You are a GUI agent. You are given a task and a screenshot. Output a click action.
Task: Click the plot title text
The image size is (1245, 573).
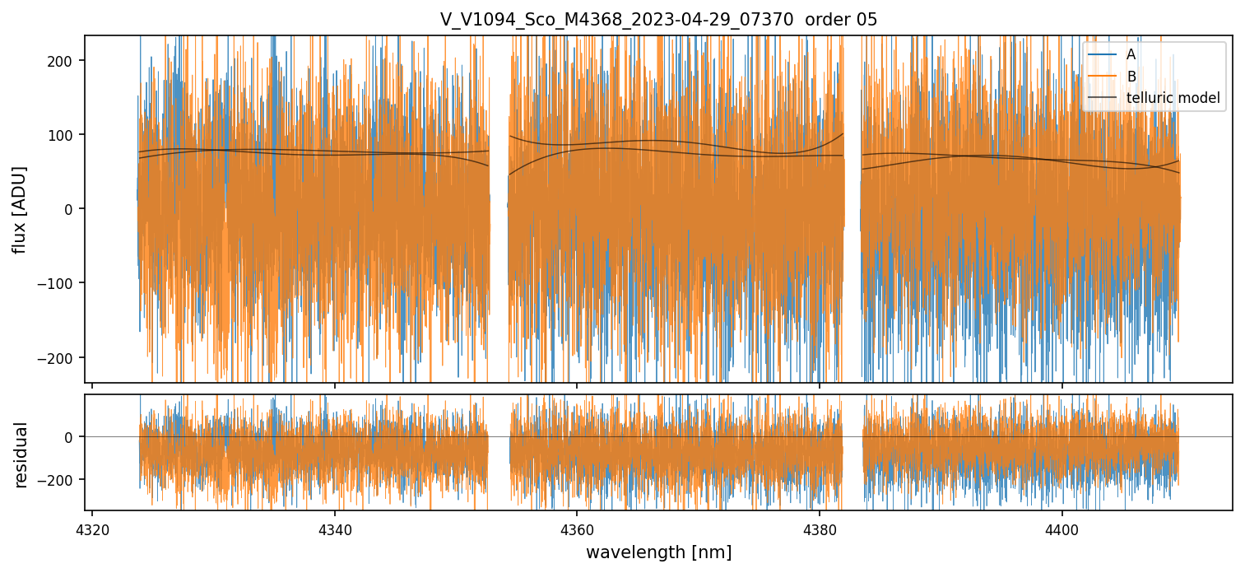coord(658,20)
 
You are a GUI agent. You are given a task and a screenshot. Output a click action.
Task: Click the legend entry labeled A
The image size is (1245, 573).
coord(1131,54)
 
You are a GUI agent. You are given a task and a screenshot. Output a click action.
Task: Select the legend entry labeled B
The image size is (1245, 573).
coord(1131,77)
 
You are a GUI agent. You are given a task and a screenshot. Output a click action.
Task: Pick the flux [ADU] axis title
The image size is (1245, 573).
coord(19,209)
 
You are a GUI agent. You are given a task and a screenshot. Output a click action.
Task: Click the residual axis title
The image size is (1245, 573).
coord(21,454)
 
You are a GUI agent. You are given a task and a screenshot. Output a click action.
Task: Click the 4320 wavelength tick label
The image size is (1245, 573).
coord(92,528)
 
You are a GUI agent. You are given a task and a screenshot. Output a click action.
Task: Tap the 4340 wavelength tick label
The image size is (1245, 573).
coord(334,528)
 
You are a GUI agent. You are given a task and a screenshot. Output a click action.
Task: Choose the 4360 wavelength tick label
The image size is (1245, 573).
coord(576,528)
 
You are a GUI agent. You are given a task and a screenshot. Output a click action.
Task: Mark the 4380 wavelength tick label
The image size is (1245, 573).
coord(819,528)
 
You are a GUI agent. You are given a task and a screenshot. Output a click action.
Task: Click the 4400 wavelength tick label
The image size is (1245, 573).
coord(1062,528)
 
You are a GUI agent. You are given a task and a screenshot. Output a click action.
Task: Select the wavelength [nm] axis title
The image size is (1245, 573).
coord(658,552)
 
